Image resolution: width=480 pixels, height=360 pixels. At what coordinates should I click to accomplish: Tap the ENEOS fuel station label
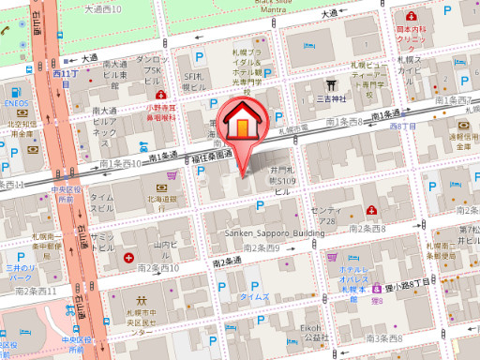pyautogui.click(x=17, y=103)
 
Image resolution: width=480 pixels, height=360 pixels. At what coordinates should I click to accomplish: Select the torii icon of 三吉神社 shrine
pyautogui.click(x=329, y=83)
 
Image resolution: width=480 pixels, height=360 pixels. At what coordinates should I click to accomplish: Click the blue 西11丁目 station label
pyautogui.click(x=65, y=72)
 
